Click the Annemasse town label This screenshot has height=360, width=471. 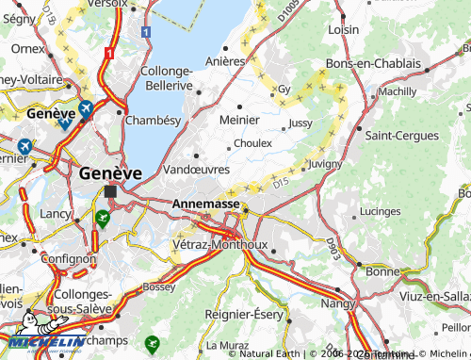205,203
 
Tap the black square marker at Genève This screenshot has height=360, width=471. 110,191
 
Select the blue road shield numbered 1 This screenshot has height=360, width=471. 145,32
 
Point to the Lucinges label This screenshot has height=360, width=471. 381,211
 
